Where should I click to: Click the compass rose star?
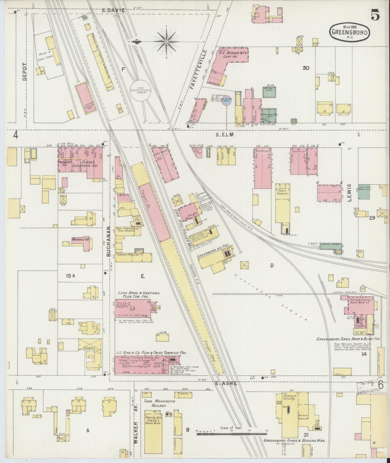tap(167, 42)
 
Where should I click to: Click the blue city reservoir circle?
tap(227, 101)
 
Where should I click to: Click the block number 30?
tap(306, 68)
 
